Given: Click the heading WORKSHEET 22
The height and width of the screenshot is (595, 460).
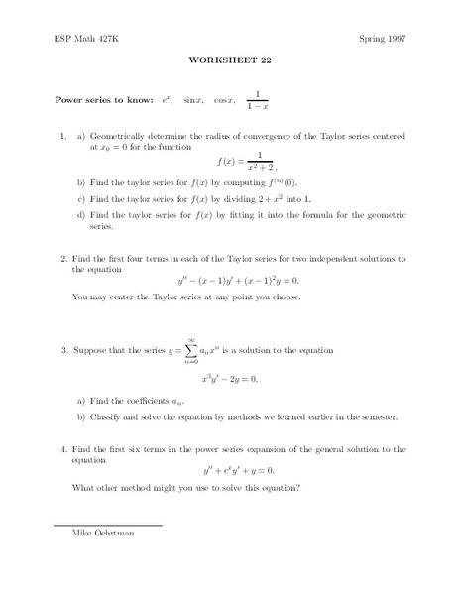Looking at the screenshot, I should (x=230, y=59).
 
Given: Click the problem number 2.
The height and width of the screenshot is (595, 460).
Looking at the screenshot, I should (x=63, y=258).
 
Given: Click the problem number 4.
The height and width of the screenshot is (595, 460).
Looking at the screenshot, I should (x=63, y=449).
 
